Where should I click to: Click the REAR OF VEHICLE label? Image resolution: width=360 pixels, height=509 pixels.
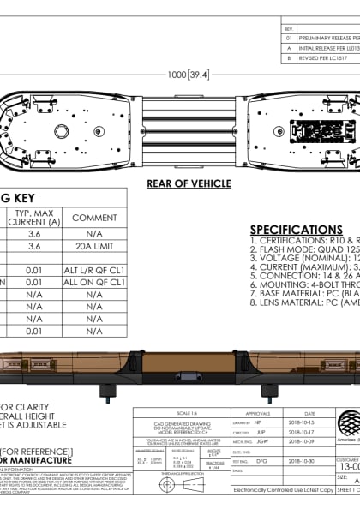pyautogui.click(x=188, y=183)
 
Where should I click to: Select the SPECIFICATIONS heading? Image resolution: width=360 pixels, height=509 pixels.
pyautogui.click(x=296, y=230)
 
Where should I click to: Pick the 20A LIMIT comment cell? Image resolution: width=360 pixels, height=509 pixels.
pyautogui.click(x=94, y=247)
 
